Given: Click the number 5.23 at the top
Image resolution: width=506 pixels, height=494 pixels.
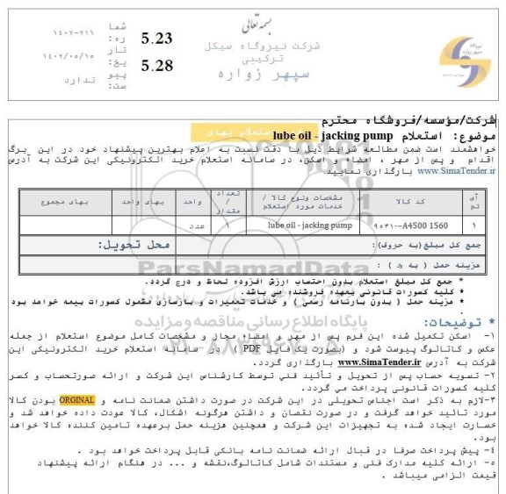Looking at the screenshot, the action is click(x=156, y=38).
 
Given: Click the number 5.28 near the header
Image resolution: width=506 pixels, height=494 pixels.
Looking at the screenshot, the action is click(x=156, y=65).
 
